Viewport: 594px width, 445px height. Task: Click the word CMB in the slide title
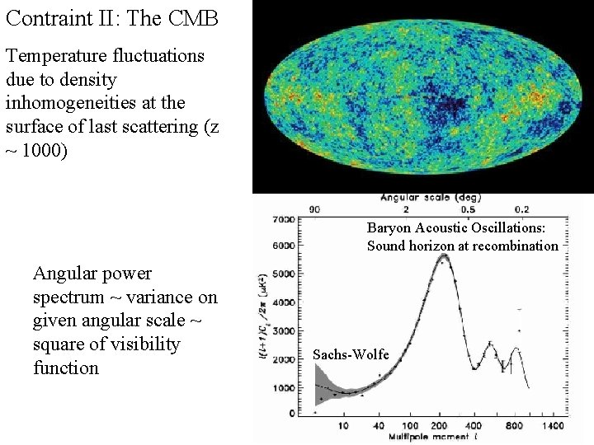point(193,18)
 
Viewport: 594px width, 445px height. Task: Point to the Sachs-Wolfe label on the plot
point(351,354)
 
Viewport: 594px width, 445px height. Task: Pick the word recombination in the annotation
point(519,246)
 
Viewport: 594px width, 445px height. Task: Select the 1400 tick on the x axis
point(554,425)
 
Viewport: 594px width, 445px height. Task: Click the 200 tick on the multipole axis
point(444,425)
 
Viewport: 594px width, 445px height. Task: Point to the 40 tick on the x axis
point(379,425)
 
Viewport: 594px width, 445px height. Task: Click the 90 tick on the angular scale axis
point(314,209)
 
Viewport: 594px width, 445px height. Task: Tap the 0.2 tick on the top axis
point(522,209)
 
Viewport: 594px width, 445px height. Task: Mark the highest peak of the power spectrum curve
point(444,256)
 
